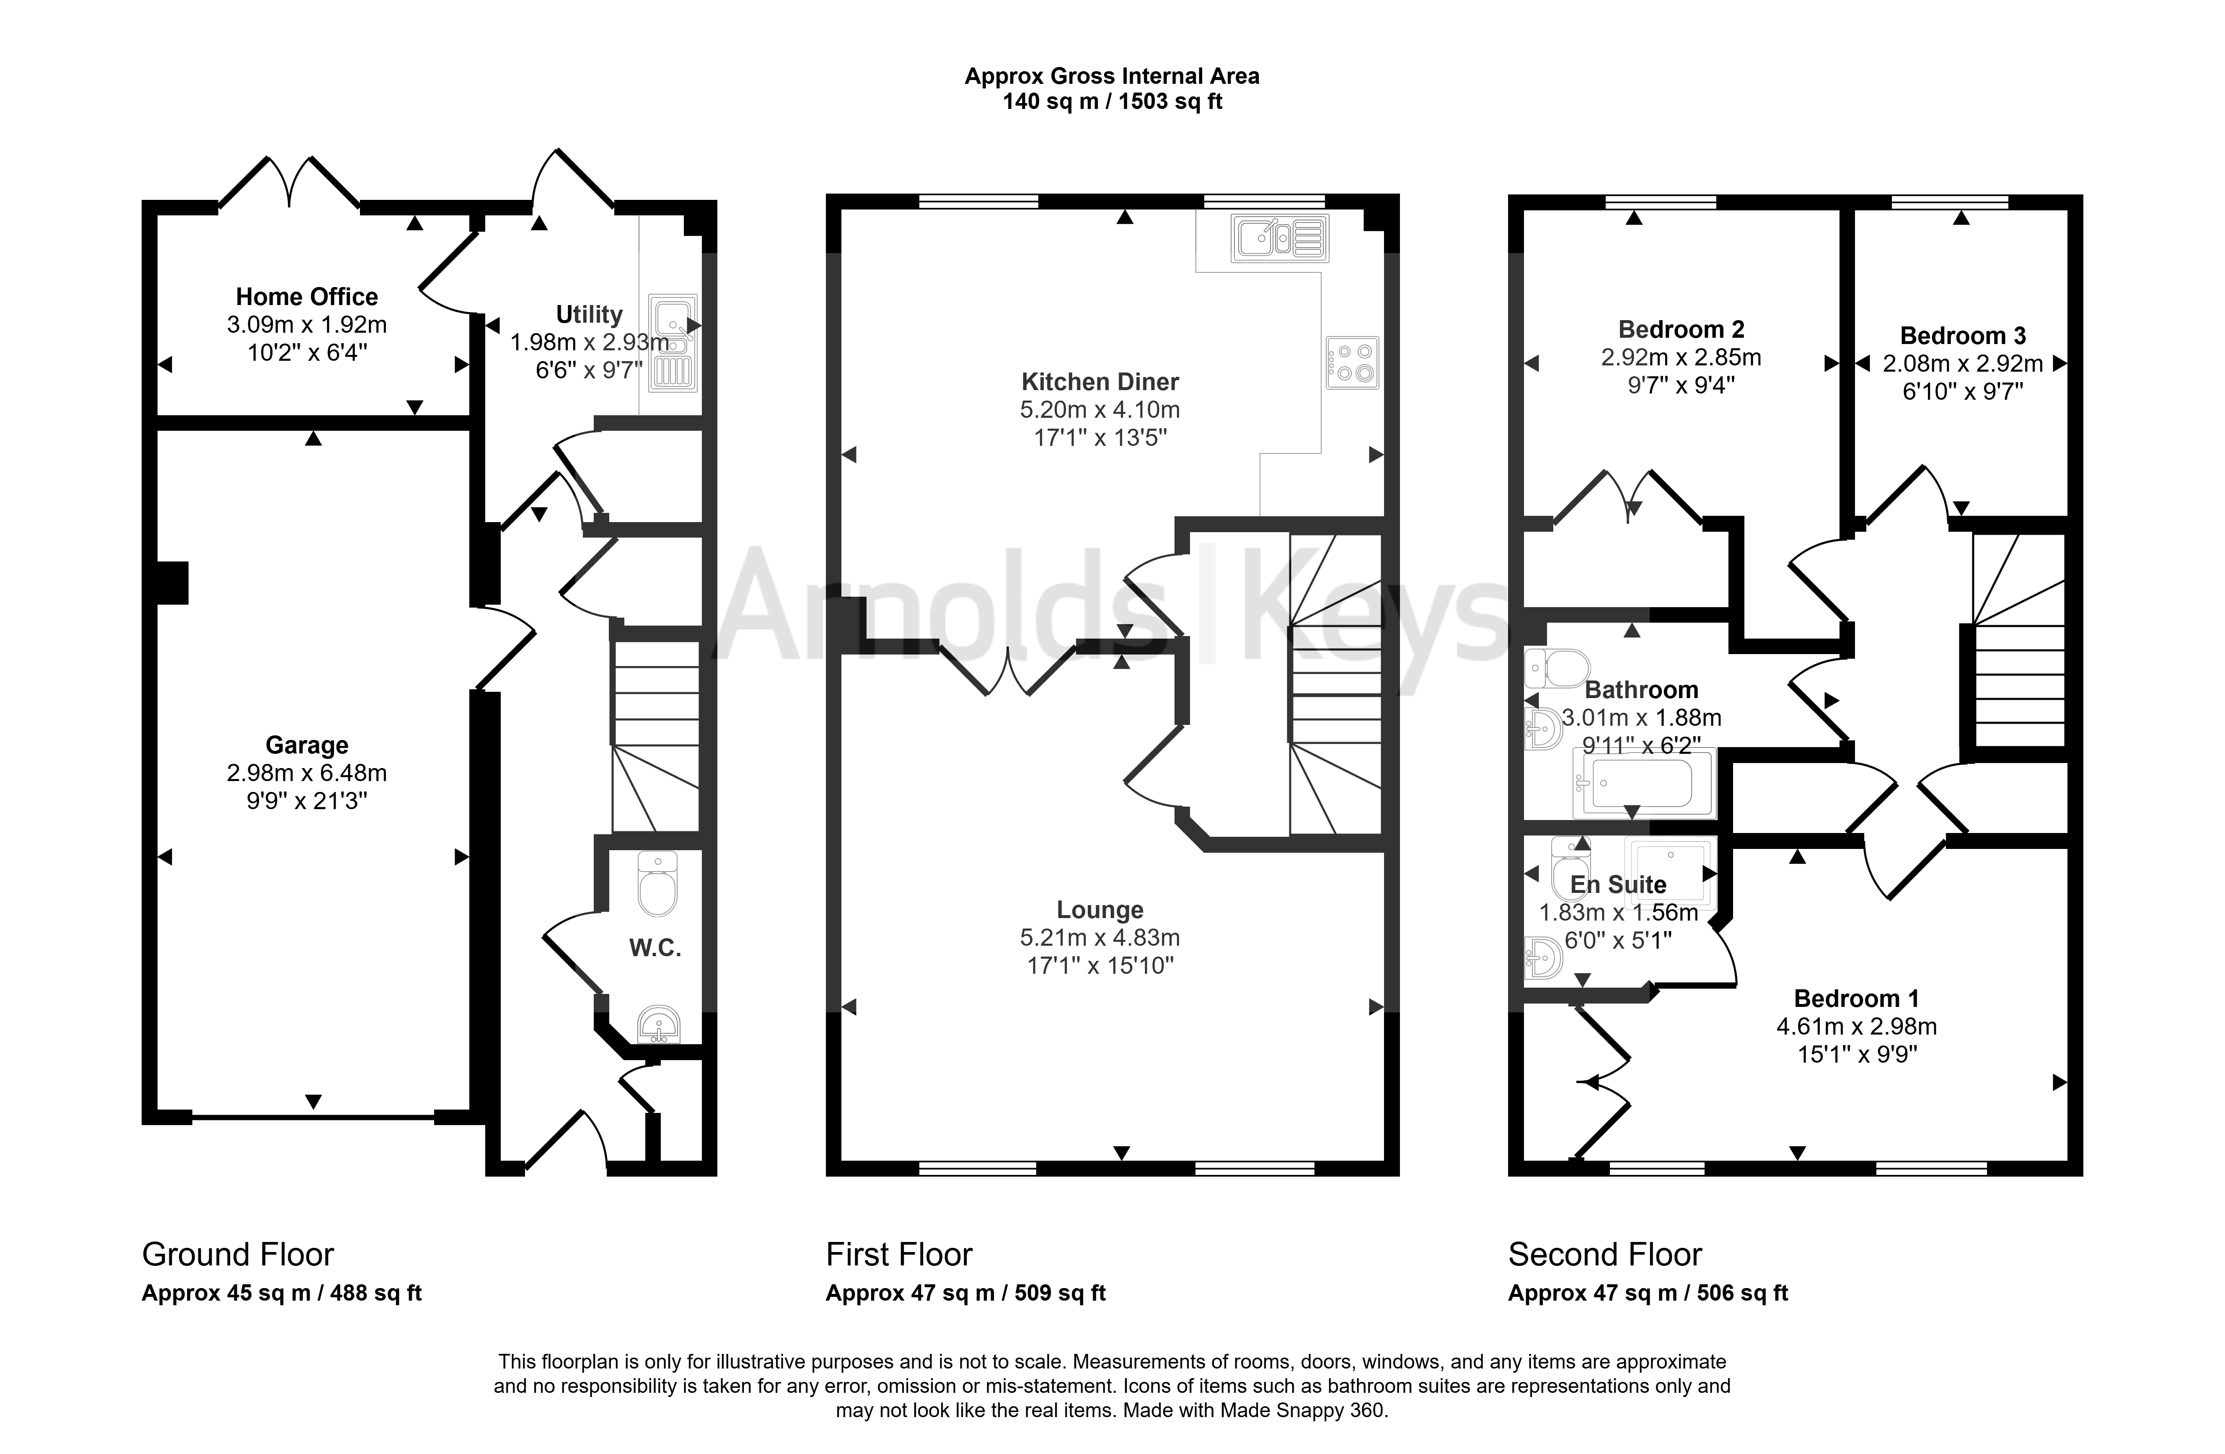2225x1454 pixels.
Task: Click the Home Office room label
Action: click(307, 298)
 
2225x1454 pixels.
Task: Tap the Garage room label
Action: click(307, 745)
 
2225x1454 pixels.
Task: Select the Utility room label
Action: click(589, 315)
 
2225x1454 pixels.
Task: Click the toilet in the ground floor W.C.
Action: click(657, 884)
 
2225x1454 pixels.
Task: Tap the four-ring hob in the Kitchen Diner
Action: click(1352, 363)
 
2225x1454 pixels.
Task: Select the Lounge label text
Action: click(1100, 910)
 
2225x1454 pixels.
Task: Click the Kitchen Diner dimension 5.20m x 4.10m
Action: click(1100, 409)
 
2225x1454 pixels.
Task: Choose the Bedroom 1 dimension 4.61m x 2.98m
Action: click(1857, 1027)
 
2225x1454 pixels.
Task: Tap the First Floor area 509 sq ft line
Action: click(966, 1293)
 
